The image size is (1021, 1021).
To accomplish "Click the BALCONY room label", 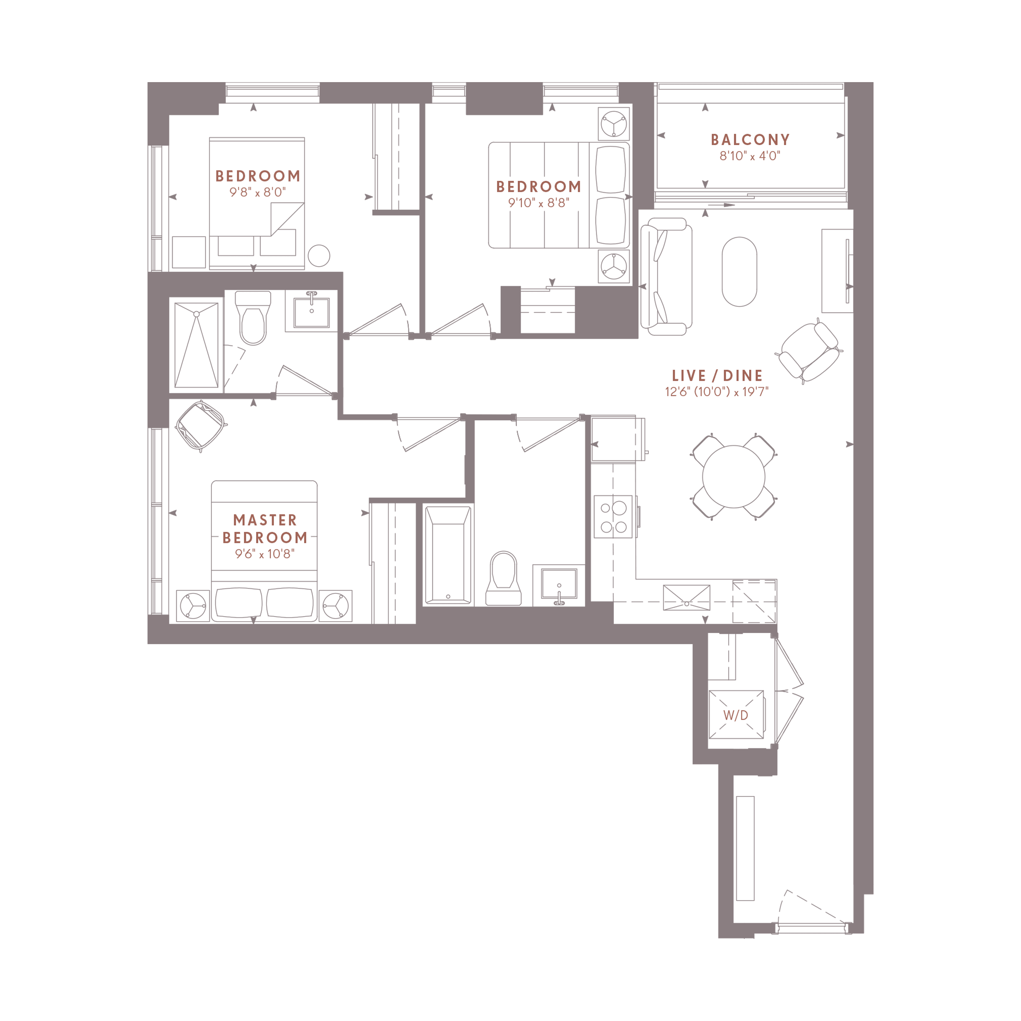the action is pyautogui.click(x=750, y=140).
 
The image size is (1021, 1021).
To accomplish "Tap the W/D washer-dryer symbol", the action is pyautogui.click(x=736, y=715).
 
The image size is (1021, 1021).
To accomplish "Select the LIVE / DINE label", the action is pyautogui.click(x=717, y=376).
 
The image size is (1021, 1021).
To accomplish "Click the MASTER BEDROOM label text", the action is pyautogui.click(x=265, y=528).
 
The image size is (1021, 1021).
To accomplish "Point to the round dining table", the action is pyautogui.click(x=733, y=476).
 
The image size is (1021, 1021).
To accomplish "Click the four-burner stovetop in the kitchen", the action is pyautogui.click(x=613, y=517).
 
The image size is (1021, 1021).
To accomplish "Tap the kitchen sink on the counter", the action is pyautogui.click(x=687, y=598).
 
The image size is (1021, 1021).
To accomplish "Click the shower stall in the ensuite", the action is pyautogui.click(x=196, y=345).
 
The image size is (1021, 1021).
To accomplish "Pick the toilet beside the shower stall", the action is pyautogui.click(x=253, y=318).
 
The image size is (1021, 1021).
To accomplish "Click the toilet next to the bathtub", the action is pyautogui.click(x=503, y=578).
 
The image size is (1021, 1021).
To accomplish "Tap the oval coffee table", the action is pyautogui.click(x=739, y=272).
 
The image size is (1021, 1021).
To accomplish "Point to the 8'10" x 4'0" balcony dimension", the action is pyautogui.click(x=750, y=156).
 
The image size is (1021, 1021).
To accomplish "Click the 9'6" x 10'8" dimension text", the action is pyautogui.click(x=265, y=554).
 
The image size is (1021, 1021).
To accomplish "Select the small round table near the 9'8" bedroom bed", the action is pyautogui.click(x=319, y=256).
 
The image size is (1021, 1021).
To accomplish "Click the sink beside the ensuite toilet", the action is pyautogui.click(x=312, y=311).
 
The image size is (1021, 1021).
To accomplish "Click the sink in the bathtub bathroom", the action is pyautogui.click(x=559, y=585).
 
